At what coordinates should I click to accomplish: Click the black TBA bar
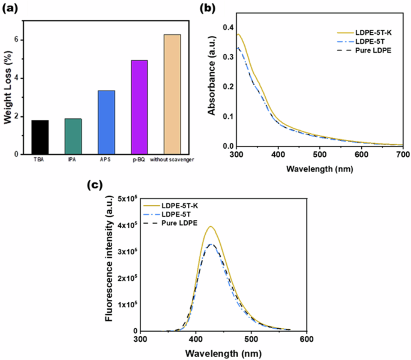click(40, 137)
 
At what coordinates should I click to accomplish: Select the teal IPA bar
click(73, 136)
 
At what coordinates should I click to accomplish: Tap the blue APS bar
click(106, 122)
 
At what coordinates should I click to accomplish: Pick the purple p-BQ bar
click(139, 107)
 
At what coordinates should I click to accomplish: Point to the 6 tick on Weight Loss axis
click(16, 40)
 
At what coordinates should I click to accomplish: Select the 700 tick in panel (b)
click(403, 155)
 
